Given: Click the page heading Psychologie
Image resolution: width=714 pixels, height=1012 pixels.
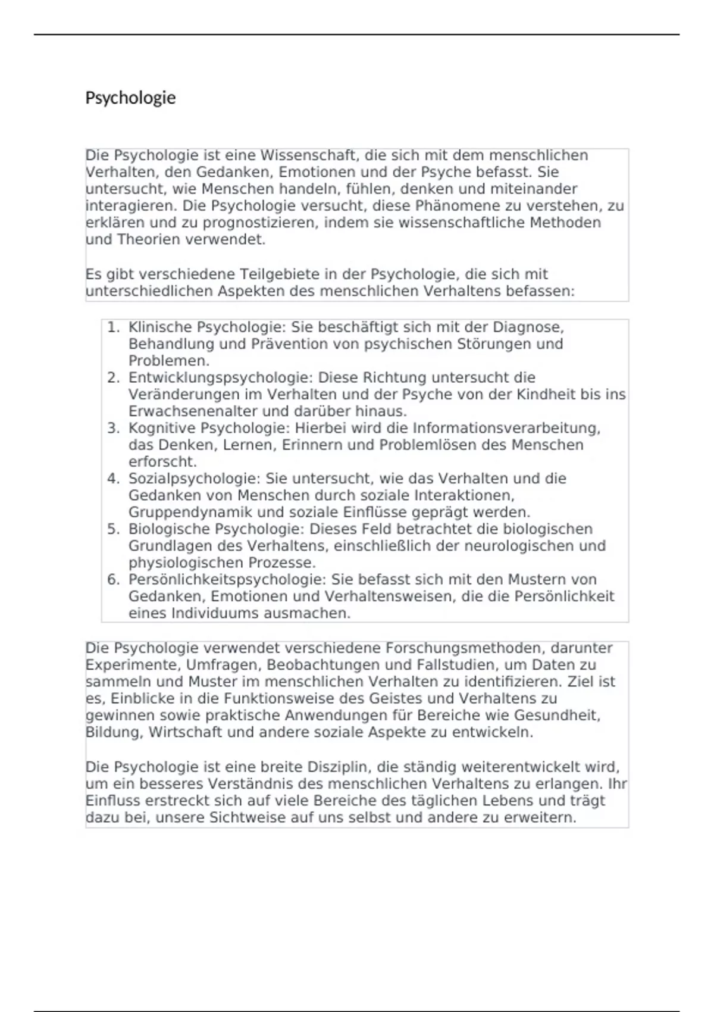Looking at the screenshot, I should (x=130, y=98).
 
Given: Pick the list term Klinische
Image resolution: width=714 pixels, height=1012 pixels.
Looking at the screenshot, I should (x=160, y=327).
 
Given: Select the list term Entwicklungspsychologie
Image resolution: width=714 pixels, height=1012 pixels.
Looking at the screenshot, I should (x=220, y=378).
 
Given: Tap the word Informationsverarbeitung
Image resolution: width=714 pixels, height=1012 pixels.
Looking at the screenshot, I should (x=506, y=429).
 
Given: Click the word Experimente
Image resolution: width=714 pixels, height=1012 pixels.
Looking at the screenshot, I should (x=133, y=665).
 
